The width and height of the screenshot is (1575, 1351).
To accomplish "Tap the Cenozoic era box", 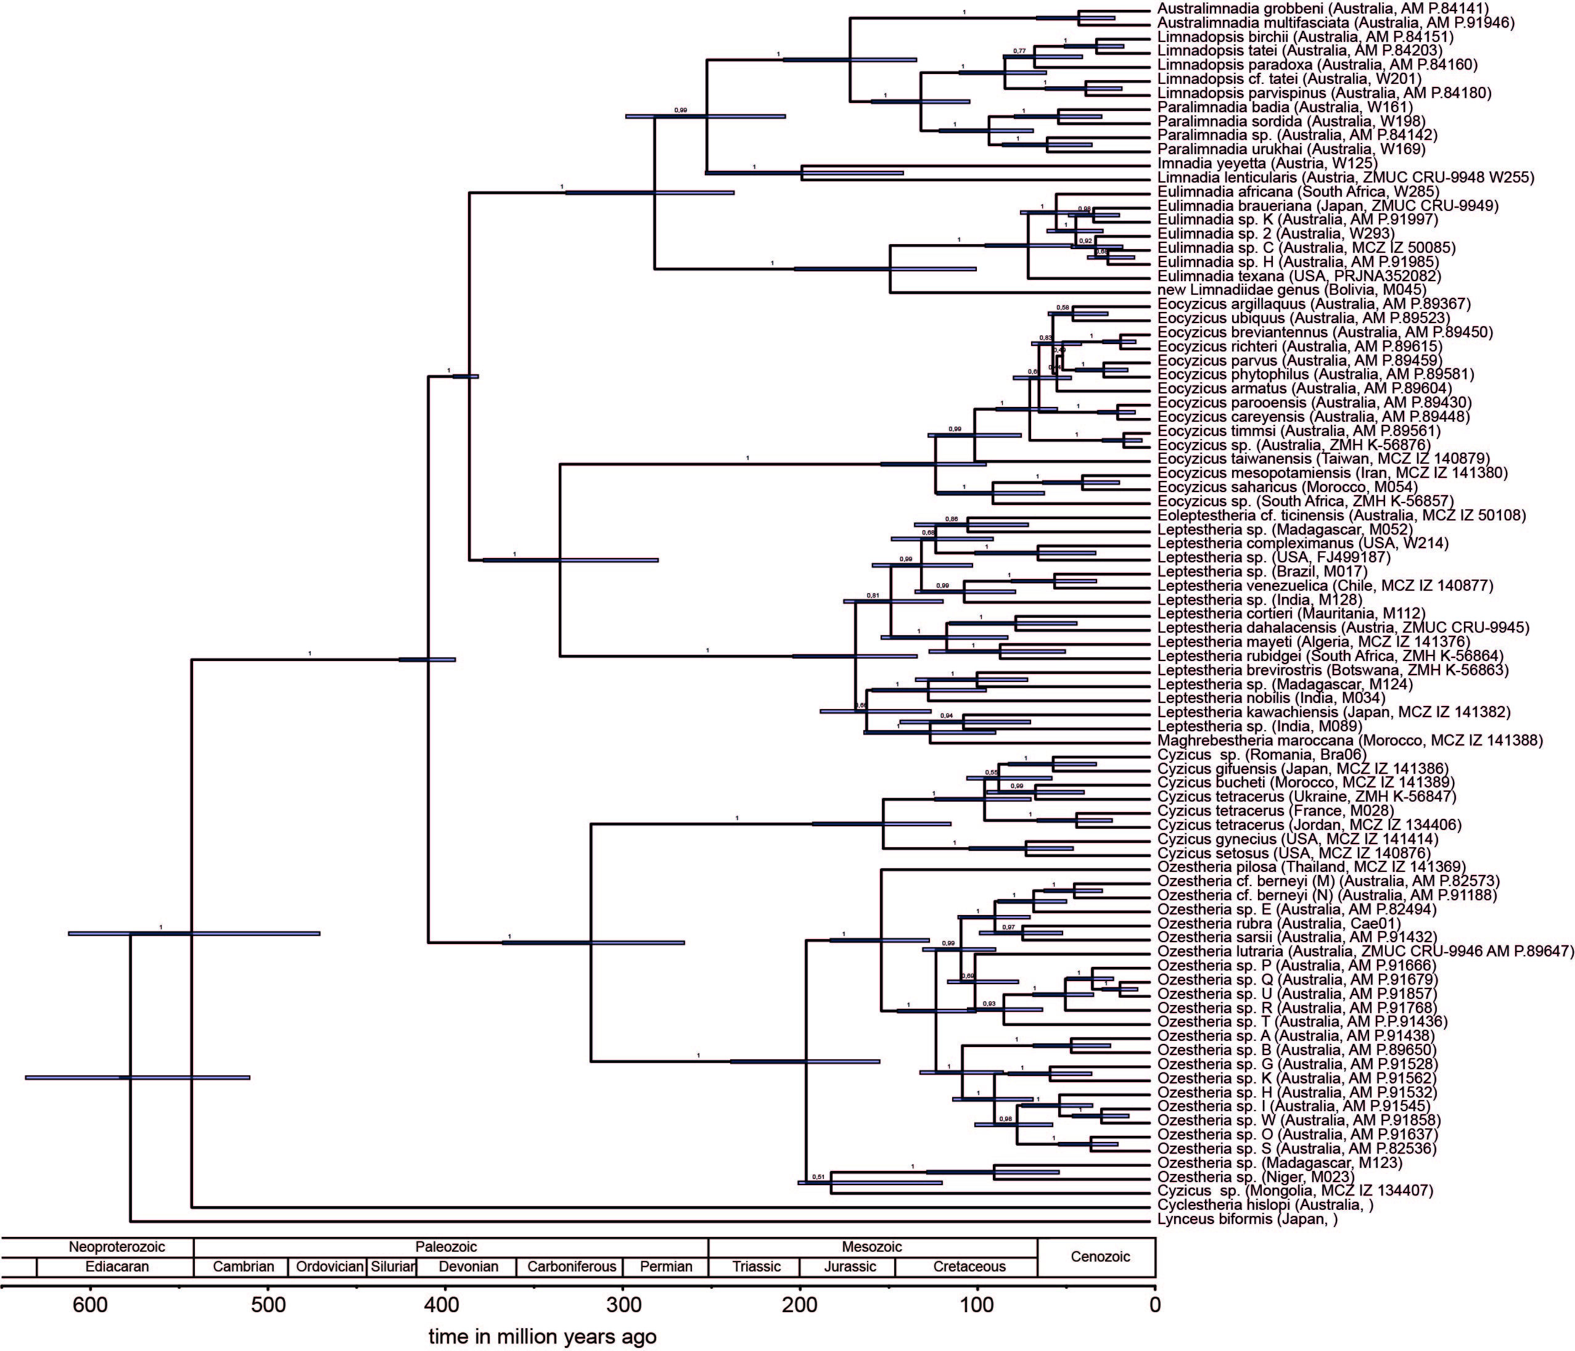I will click(1096, 1257).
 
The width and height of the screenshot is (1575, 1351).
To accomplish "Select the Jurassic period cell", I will click(847, 1267).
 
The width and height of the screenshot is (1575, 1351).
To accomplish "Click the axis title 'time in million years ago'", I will click(542, 1336).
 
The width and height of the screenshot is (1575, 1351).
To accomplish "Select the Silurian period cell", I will click(392, 1267).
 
